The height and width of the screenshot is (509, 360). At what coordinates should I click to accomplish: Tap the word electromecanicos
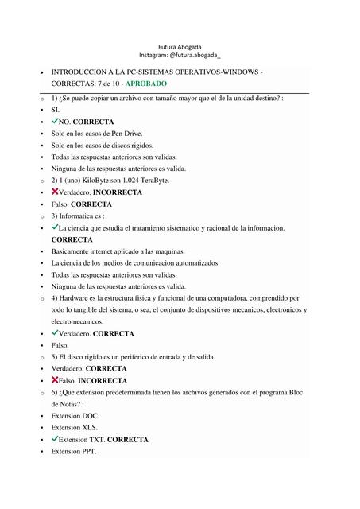point(77,321)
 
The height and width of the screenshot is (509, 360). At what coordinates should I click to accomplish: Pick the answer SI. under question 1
point(56,110)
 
